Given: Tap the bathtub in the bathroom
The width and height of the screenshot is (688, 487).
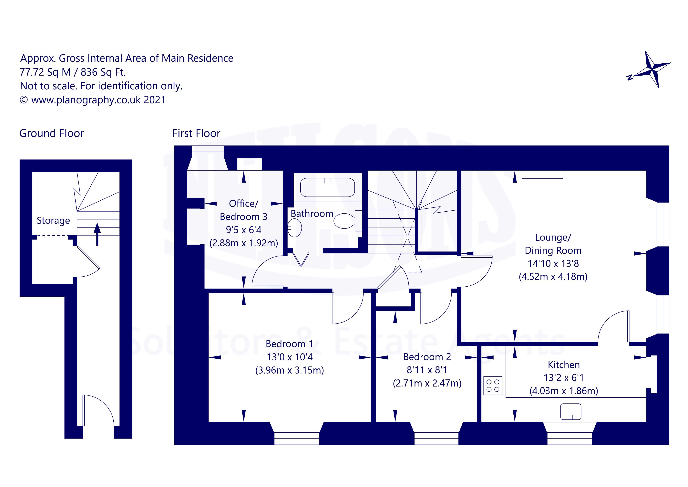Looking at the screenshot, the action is pyautogui.click(x=327, y=187).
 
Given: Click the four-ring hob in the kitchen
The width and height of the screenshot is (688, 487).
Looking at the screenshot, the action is pyautogui.click(x=493, y=385).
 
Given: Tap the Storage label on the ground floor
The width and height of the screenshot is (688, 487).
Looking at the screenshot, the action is pyautogui.click(x=53, y=220).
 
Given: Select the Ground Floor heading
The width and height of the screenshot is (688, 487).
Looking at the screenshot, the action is pyautogui.click(x=52, y=133).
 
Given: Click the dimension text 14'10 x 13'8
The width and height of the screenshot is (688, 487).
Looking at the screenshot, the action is pyautogui.click(x=553, y=264).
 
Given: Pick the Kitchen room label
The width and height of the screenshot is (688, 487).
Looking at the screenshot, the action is pyautogui.click(x=564, y=365).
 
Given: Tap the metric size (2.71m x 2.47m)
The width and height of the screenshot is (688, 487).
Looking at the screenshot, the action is pyautogui.click(x=427, y=383).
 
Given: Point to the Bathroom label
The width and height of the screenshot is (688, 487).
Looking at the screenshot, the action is pyautogui.click(x=312, y=214).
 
